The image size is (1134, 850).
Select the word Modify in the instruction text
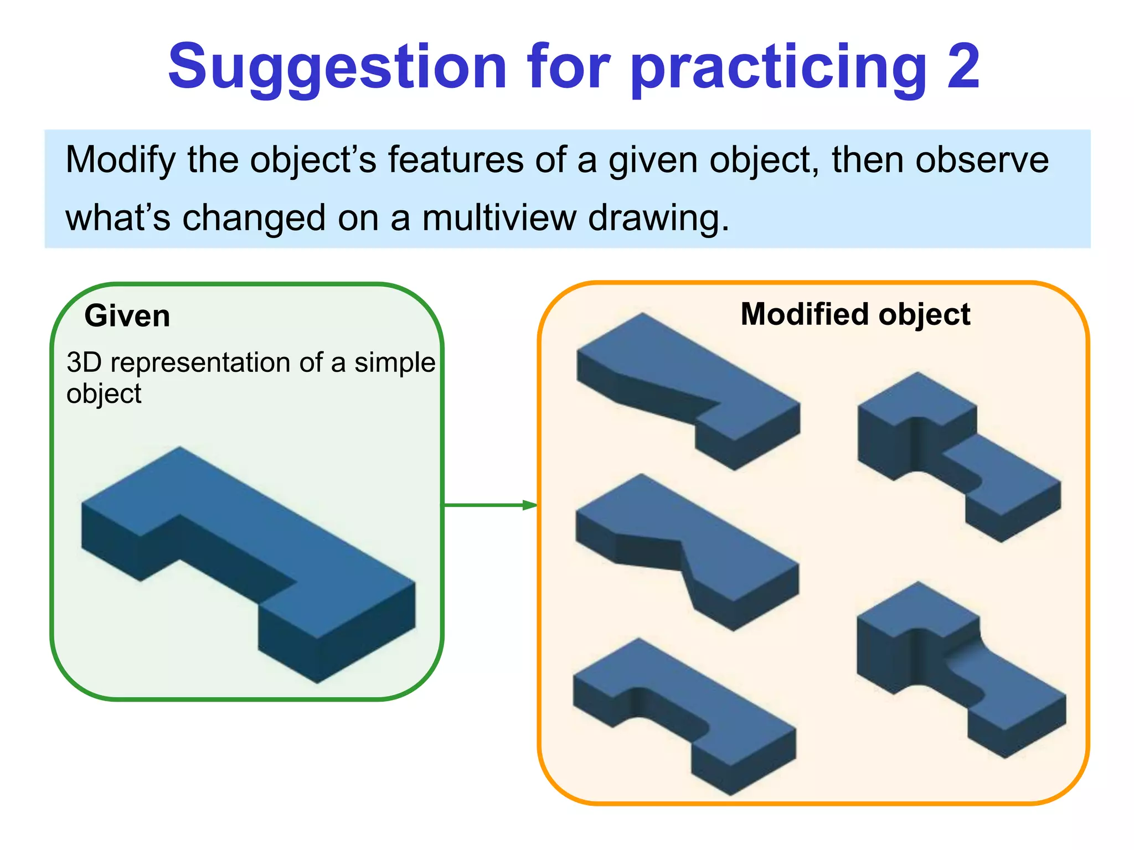click(120, 160)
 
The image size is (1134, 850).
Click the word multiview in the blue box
click(499, 217)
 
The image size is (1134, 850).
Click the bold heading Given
click(127, 316)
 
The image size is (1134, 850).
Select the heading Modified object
click(855, 314)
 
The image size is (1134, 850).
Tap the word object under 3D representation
click(104, 394)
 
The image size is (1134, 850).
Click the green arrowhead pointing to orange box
click(529, 505)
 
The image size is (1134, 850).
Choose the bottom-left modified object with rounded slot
click(684, 714)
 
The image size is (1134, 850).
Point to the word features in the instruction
click(456, 160)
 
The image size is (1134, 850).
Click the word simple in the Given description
click(394, 363)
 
